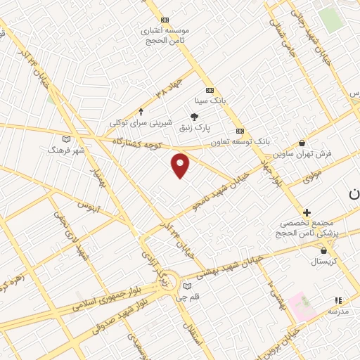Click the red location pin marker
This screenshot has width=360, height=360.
coord(181,165)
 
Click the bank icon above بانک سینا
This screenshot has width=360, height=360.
coord(209,91)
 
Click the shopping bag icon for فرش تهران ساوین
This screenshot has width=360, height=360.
coord(302,143)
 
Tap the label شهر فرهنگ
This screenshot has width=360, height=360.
coord(66,150)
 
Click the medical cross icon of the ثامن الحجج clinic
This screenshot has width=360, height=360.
coord(307,212)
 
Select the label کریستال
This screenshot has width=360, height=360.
coord(324,261)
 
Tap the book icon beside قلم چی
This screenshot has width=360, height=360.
coord(186,285)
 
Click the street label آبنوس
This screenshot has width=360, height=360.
coord(89,207)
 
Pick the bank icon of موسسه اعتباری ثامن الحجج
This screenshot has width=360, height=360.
coord(165,20)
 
